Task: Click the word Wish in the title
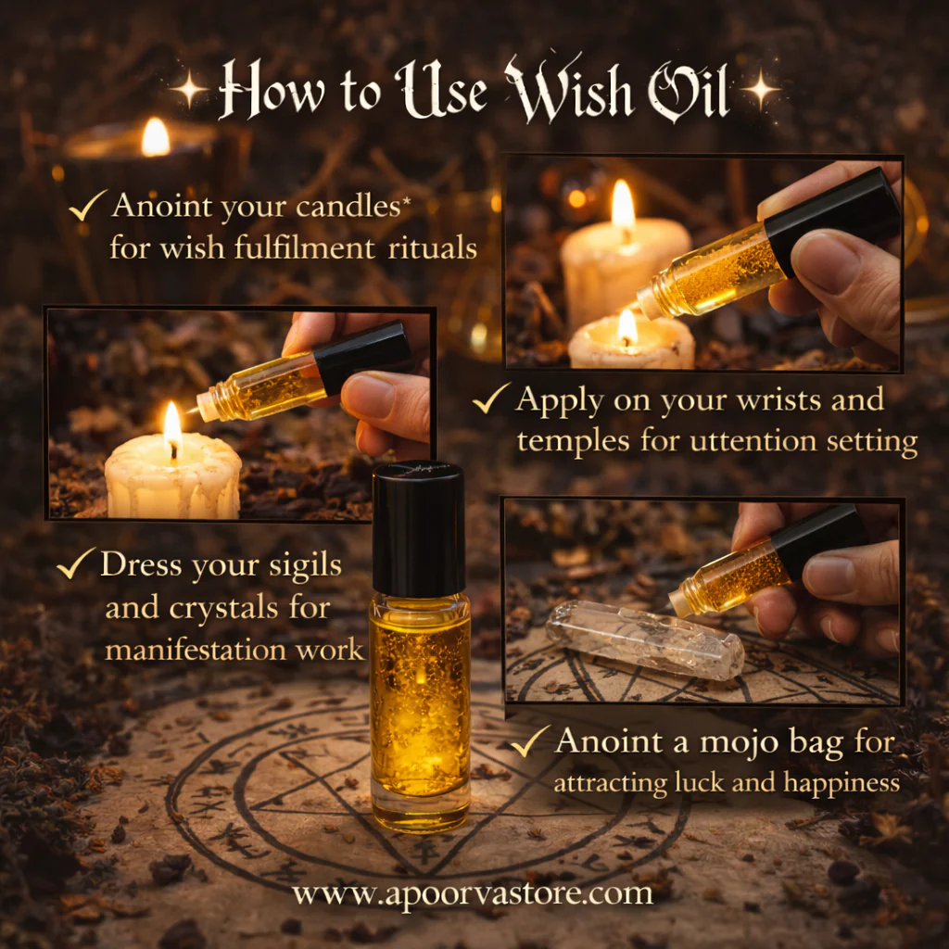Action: tap(568, 90)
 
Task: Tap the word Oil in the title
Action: tap(688, 91)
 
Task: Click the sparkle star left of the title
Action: tap(189, 90)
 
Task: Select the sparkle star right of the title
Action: tap(761, 89)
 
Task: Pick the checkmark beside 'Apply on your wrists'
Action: tap(490, 398)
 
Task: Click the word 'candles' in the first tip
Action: tap(348, 207)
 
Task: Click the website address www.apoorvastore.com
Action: tap(473, 893)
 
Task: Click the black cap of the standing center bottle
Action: tap(418, 529)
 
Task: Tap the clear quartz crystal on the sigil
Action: tap(645, 639)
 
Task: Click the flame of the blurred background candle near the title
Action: tap(156, 137)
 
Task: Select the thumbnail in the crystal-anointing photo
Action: tap(828, 573)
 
